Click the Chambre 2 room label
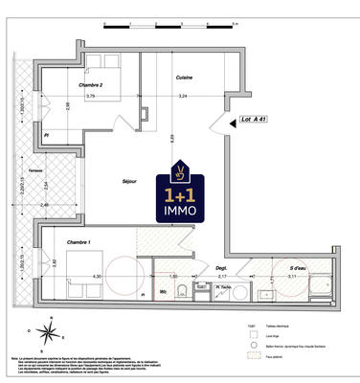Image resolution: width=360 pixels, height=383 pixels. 90,84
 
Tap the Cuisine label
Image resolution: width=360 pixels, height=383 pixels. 186,78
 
